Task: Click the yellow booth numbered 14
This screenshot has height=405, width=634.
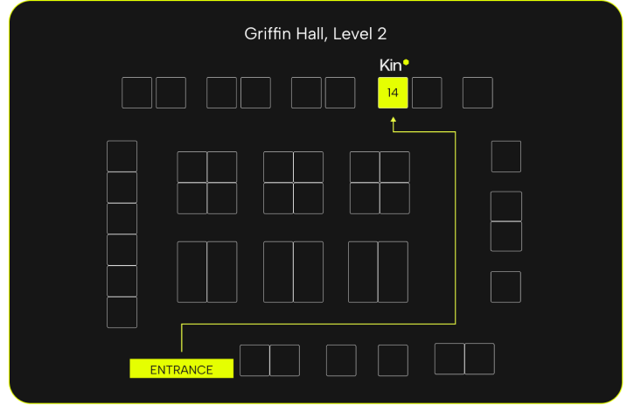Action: click(393, 93)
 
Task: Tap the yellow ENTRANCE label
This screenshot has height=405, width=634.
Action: click(181, 369)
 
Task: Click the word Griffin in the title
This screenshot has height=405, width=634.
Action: click(268, 34)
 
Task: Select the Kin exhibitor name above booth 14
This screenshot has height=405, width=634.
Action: click(389, 66)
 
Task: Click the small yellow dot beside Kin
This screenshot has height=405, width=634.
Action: click(406, 62)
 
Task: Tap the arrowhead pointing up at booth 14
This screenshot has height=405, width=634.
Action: click(394, 120)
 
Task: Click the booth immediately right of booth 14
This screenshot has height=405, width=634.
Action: click(427, 93)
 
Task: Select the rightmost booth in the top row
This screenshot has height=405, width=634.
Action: click(477, 93)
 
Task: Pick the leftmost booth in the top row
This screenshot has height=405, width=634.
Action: click(136, 93)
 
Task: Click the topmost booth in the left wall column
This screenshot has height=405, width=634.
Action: click(122, 156)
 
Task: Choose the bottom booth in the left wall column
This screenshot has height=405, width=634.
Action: click(122, 312)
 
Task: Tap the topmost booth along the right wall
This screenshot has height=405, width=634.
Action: click(505, 156)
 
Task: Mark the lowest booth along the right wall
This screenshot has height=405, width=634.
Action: click(505, 287)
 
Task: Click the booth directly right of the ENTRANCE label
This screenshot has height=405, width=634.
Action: click(254, 360)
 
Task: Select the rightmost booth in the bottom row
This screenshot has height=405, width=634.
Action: click(479, 359)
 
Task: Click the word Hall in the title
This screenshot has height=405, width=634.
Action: click(310, 34)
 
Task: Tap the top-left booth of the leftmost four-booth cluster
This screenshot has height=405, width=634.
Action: click(192, 167)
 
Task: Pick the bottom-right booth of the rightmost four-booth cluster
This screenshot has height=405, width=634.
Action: click(394, 199)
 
